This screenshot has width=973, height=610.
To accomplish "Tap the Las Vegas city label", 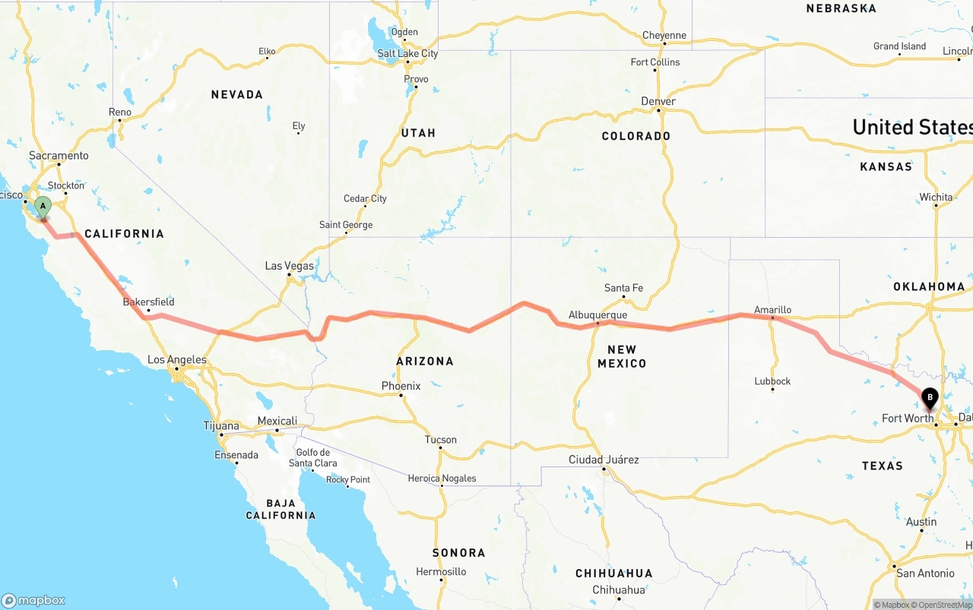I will (x=289, y=266).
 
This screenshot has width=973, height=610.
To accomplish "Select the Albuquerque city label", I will (x=597, y=314).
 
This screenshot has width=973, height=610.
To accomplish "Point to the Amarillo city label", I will (x=772, y=310).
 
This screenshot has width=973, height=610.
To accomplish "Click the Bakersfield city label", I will (x=148, y=302).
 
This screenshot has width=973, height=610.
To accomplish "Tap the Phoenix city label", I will (x=401, y=386).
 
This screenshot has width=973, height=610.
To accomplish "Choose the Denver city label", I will (x=658, y=101).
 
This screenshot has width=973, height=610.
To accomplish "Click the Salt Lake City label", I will (x=408, y=53).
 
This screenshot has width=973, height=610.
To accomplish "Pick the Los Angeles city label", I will (x=176, y=359).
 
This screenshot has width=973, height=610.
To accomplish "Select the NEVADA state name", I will (x=237, y=94).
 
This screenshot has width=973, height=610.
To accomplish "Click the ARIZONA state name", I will (x=425, y=361).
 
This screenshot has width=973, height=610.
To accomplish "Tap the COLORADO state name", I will (x=636, y=136).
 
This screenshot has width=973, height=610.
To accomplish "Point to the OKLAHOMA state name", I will (x=929, y=286).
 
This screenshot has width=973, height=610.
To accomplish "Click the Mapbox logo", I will (x=33, y=600).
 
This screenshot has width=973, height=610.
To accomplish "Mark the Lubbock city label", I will (x=772, y=381).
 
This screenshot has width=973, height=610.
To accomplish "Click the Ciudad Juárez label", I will (x=604, y=460).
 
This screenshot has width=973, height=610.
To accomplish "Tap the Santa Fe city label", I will (x=623, y=288).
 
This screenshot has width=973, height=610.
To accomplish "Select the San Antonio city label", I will (x=925, y=573).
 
